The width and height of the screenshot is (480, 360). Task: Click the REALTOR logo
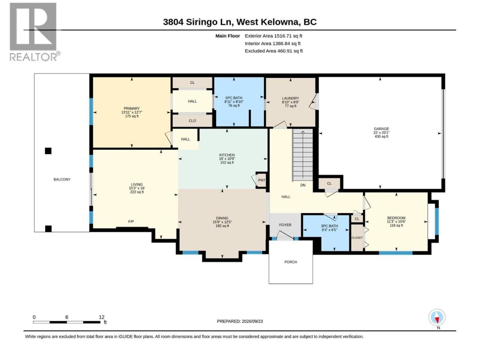35,32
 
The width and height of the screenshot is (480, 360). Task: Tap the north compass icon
437,317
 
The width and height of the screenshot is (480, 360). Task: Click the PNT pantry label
261,180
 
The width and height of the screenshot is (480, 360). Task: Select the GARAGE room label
381,129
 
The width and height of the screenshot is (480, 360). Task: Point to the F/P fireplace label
131,222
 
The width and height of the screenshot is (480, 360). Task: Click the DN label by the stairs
303,185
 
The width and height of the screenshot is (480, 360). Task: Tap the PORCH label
291,262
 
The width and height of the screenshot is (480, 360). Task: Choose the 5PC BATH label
234,98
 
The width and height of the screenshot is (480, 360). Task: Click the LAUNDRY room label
290,98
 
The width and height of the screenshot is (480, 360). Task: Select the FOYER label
285,225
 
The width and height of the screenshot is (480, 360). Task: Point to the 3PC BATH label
329,226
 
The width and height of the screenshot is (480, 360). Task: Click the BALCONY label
62,180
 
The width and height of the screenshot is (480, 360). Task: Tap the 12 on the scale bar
102,317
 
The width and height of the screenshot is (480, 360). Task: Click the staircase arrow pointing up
303,155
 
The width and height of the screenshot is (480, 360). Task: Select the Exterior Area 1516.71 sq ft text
273,36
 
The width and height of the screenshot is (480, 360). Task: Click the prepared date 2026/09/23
252,321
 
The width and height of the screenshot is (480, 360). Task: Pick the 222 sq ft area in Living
137,192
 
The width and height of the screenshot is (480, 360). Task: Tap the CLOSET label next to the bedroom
357,238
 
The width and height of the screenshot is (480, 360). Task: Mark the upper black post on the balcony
48,151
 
